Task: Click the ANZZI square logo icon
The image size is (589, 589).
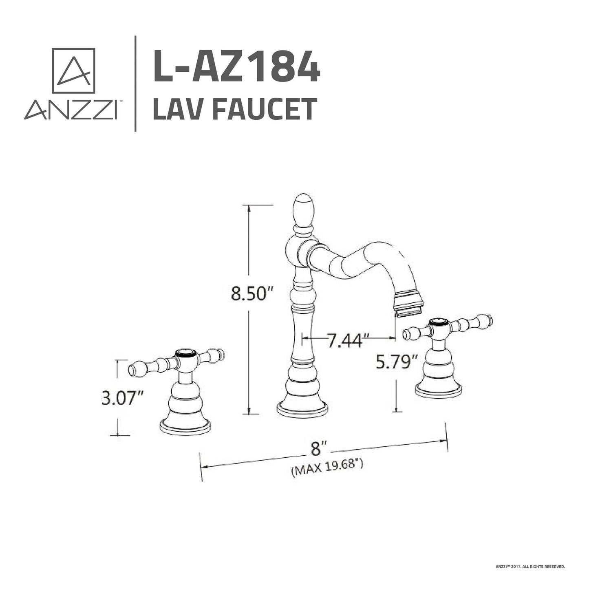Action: [73, 71]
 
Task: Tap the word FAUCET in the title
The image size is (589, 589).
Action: [265, 109]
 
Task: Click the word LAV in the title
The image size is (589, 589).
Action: [179, 109]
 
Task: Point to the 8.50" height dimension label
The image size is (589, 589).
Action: [251, 293]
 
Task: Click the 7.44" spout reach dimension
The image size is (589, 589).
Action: [345, 340]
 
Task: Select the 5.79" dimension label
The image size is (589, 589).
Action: [396, 362]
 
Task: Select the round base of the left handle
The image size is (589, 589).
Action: [185, 426]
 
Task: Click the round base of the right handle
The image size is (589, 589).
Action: [438, 390]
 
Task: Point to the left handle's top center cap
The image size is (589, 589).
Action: [187, 353]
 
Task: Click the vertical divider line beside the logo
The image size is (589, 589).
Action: [135, 84]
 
